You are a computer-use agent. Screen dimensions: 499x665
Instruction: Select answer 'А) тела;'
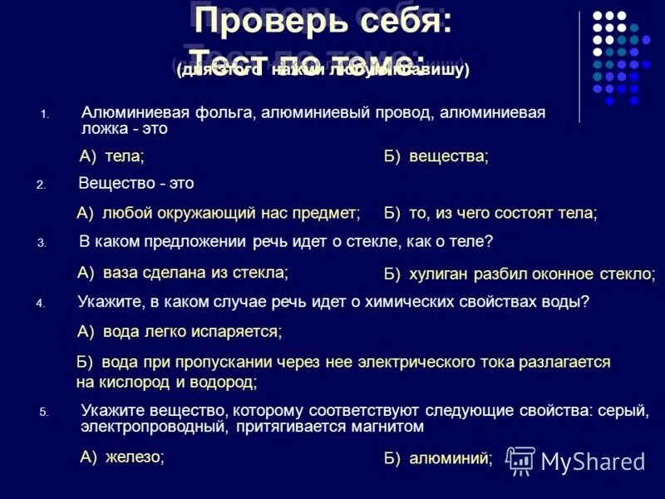click(111, 156)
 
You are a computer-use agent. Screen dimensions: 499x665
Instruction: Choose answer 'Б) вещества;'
click(436, 156)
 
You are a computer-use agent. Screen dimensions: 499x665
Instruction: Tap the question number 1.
click(46, 115)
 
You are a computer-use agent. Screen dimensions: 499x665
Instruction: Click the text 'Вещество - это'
click(136, 183)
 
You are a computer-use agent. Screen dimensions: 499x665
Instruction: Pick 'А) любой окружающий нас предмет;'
click(219, 214)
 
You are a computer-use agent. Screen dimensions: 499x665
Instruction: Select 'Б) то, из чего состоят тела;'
click(490, 214)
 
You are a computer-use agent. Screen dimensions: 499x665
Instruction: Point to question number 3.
click(41, 244)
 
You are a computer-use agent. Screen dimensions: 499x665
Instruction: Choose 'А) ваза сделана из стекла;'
click(183, 272)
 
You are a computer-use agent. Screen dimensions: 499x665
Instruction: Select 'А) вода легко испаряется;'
click(180, 332)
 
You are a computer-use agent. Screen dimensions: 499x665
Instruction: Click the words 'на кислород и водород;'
click(166, 383)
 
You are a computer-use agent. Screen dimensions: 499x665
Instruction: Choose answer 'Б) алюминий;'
click(438, 457)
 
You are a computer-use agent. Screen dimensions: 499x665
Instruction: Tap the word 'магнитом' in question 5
click(393, 427)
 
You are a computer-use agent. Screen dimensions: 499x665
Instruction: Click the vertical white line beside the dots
click(580, 67)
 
